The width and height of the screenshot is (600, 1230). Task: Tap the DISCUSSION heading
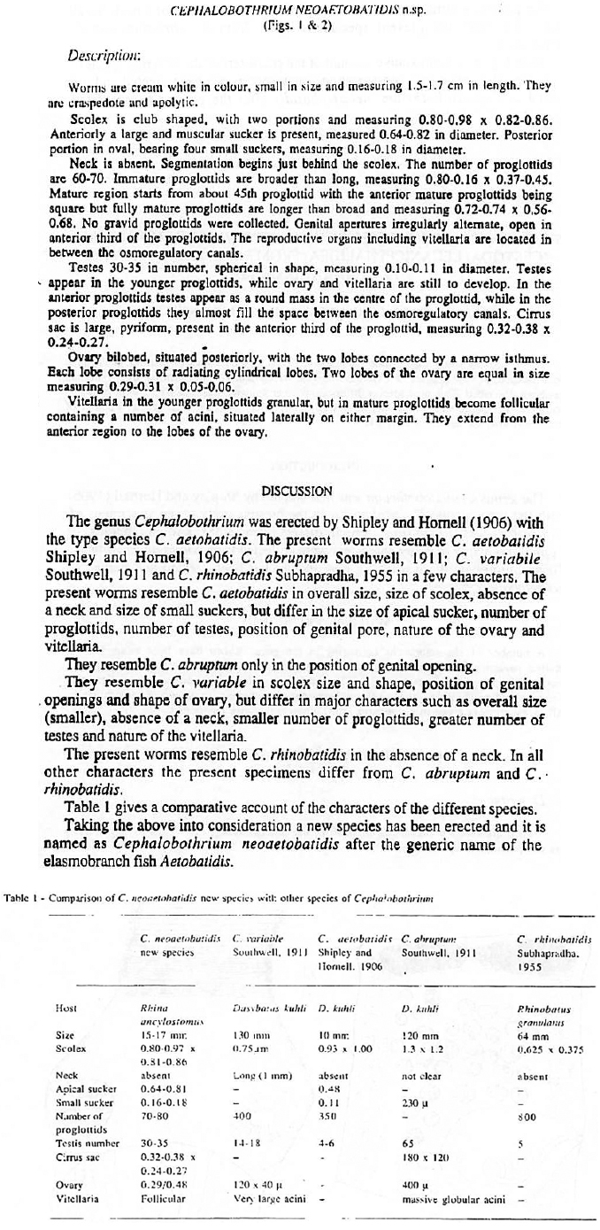(300, 491)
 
